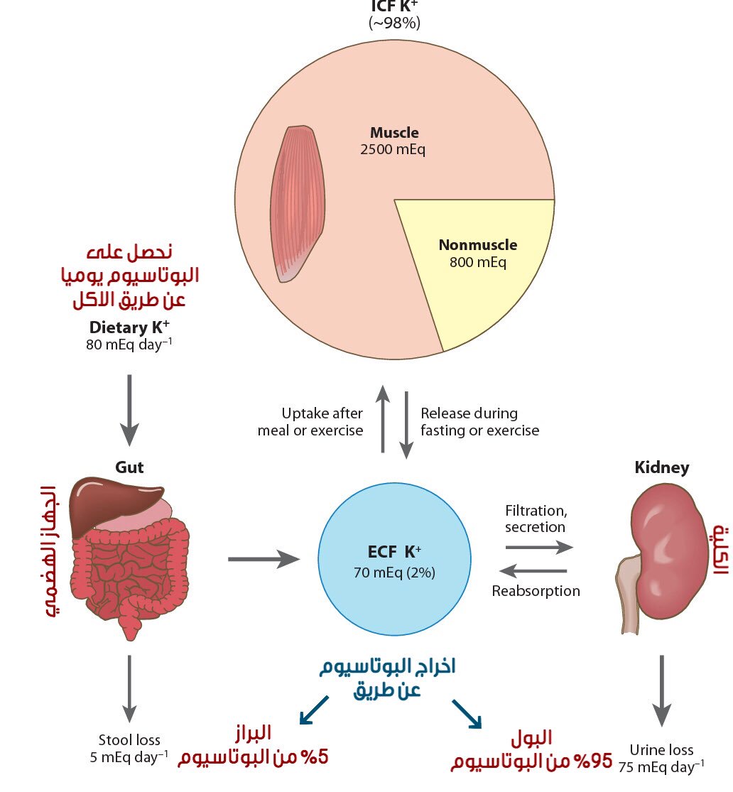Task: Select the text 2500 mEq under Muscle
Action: pyautogui.click(x=393, y=149)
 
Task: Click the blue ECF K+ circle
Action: pyautogui.click(x=394, y=559)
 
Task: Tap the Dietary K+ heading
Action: pyautogui.click(x=129, y=327)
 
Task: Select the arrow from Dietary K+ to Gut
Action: pyautogui.click(x=129, y=410)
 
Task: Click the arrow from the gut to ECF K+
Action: pyautogui.click(x=264, y=559)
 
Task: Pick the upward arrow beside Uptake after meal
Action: pyautogui.click(x=383, y=418)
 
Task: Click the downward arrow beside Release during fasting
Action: pyautogui.click(x=406, y=425)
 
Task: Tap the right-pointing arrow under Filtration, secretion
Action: pyautogui.click(x=539, y=547)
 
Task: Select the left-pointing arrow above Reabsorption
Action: pyautogui.click(x=533, y=571)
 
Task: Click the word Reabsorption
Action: pyautogui.click(x=536, y=591)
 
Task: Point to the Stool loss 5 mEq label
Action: pyautogui.click(x=129, y=749)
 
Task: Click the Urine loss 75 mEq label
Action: pyautogui.click(x=661, y=758)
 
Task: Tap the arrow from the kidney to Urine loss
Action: pyautogui.click(x=661, y=691)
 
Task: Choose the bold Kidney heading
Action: pyautogui.click(x=662, y=467)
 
